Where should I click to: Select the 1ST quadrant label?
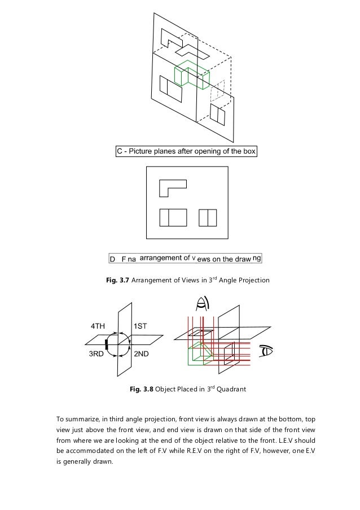(x=140, y=326)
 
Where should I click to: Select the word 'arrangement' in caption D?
(x=164, y=259)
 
